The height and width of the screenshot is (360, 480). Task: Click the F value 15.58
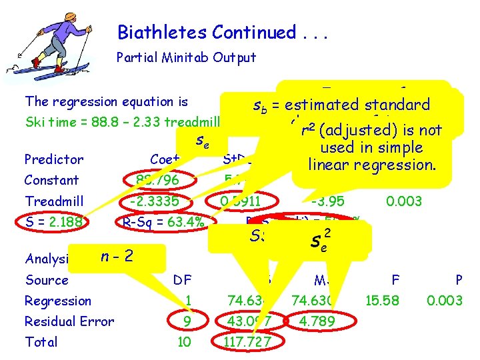pyautogui.click(x=383, y=301)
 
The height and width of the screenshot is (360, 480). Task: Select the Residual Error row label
pyautogui.click(x=69, y=321)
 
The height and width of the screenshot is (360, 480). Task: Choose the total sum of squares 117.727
pyautogui.click(x=249, y=342)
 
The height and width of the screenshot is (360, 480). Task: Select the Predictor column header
pyautogui.click(x=53, y=159)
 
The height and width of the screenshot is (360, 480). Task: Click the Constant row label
pyautogui.click(x=51, y=180)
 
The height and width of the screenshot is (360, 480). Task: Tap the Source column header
pyautogui.click(x=46, y=280)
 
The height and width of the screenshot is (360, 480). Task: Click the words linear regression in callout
pyautogui.click(x=371, y=164)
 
